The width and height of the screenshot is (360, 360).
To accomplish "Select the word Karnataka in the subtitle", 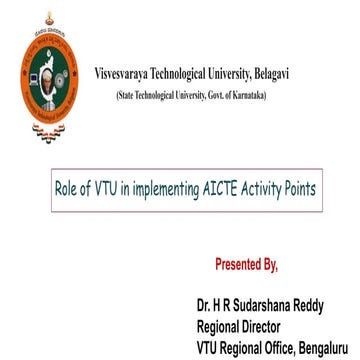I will [x=246, y=93].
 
